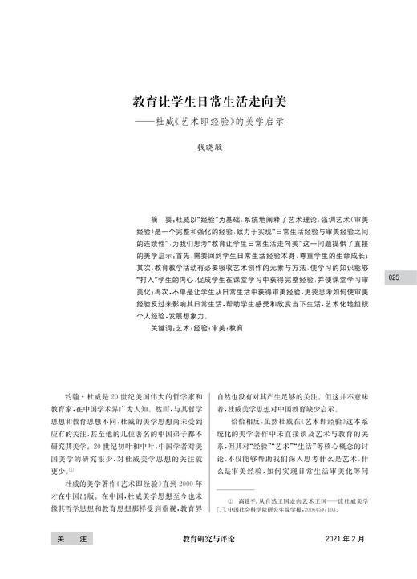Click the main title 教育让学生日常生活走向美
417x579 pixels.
[x=208, y=103]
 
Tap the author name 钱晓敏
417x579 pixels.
[x=208, y=150]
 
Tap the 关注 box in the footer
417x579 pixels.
[x=66, y=563]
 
